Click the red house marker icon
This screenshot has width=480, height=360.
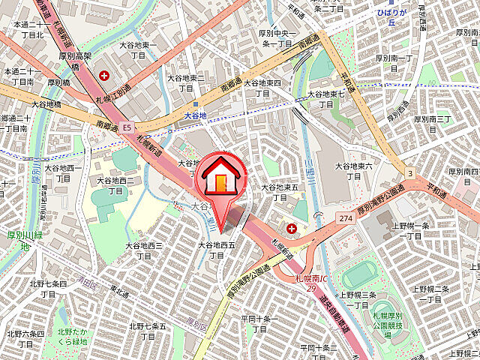220,178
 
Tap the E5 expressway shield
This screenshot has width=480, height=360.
128,128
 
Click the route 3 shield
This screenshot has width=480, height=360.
410,174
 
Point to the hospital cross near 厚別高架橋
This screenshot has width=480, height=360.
103,76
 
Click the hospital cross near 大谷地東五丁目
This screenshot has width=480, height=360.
292,227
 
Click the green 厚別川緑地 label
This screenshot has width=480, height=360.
23,239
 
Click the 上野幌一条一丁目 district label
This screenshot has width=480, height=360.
412,230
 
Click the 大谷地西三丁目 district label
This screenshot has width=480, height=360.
144,250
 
